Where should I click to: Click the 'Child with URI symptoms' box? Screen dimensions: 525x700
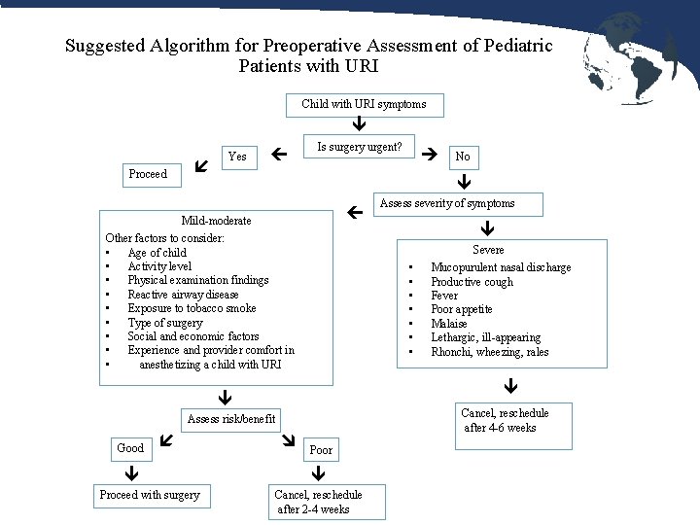pos(364,104)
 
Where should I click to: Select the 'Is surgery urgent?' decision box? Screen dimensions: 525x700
pos(360,148)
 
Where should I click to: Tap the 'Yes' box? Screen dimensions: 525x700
pos(237,157)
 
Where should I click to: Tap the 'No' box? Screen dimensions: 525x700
pos(463,157)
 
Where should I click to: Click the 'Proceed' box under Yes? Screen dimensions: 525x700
pos(148,174)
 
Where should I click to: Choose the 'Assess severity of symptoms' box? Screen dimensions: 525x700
pos(447,203)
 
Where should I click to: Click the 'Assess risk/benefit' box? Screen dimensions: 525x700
pos(231,419)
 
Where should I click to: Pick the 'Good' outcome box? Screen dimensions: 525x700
pos(130,448)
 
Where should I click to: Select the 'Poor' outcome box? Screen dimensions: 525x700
pos(321,450)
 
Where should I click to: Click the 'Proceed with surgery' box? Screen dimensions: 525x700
pos(150,495)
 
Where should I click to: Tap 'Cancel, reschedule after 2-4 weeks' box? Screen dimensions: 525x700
pos(318,502)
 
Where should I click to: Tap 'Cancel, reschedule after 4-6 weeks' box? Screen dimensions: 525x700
pos(505,420)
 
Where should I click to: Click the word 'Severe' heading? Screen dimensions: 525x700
pos(488,250)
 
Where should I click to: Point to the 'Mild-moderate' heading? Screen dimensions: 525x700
pos(216,221)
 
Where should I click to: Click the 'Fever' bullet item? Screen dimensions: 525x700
pos(444,296)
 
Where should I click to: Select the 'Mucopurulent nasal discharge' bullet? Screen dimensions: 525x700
pos(501,267)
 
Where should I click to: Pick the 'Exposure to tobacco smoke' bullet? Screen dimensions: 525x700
pos(192,308)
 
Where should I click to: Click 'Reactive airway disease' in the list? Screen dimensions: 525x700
pos(183,295)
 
